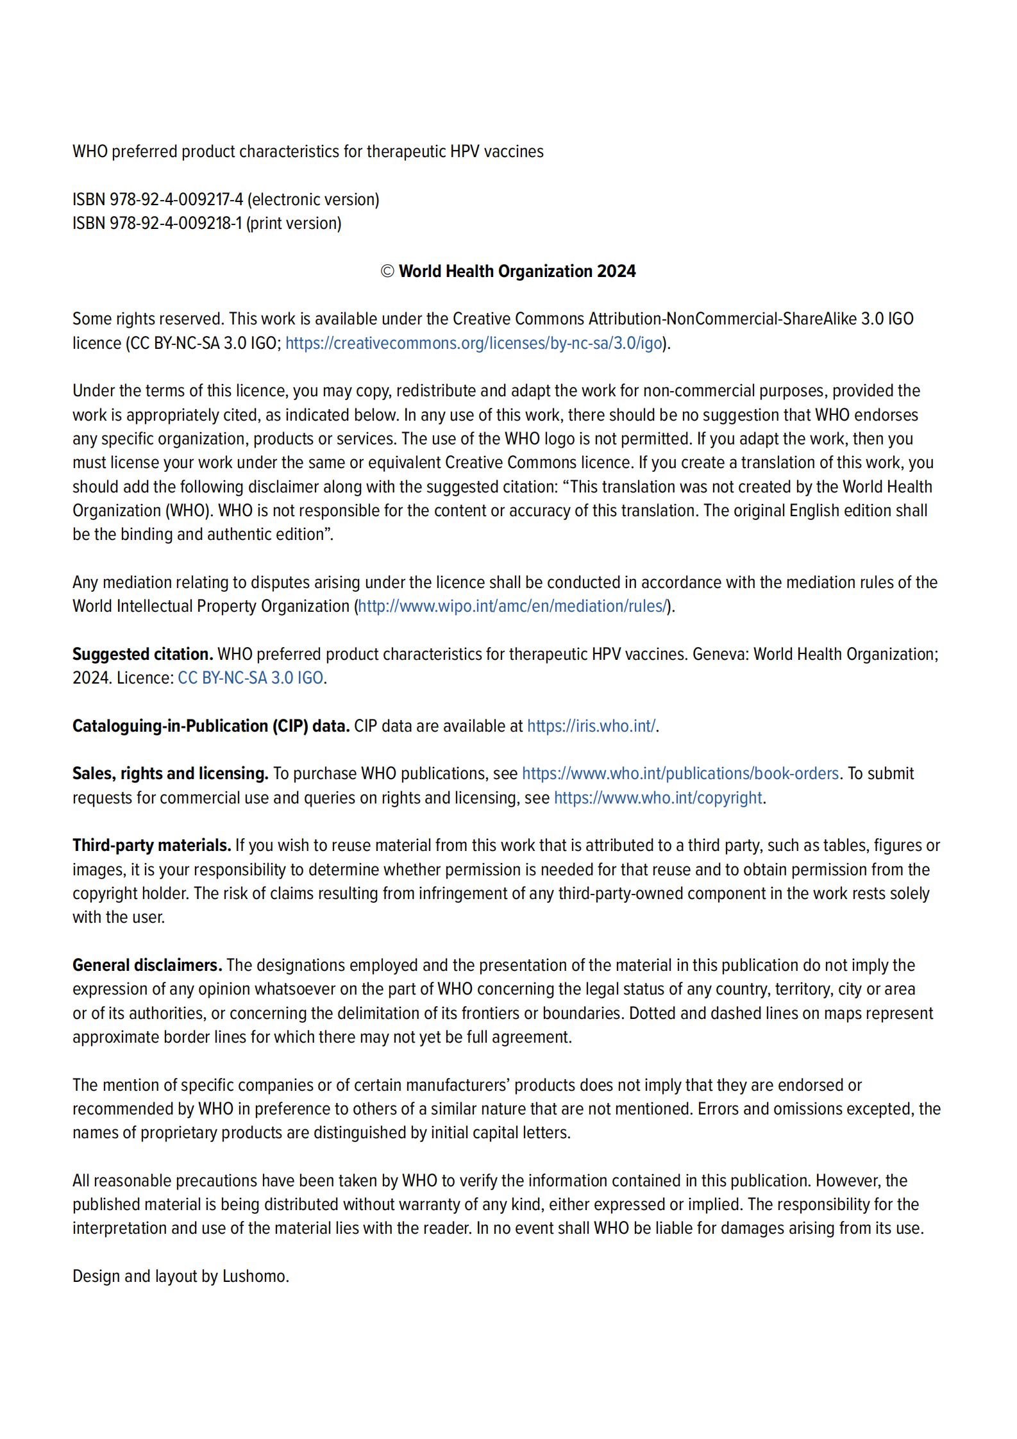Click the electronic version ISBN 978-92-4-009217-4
tap(176, 199)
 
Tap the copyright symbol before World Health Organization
tap(387, 271)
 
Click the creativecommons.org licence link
tap(473, 343)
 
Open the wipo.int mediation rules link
tap(512, 606)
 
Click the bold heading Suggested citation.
tap(142, 654)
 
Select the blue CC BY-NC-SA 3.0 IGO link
tap(250, 678)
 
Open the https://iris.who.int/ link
tap(591, 726)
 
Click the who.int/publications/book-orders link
tap(680, 773)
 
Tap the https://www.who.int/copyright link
tap(658, 798)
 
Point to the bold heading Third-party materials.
tap(151, 845)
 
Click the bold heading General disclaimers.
tap(147, 965)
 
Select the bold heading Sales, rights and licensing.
tap(170, 773)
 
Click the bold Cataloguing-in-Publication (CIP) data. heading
tap(210, 726)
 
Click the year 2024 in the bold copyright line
tap(616, 271)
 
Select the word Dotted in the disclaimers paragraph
tap(652, 1013)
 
